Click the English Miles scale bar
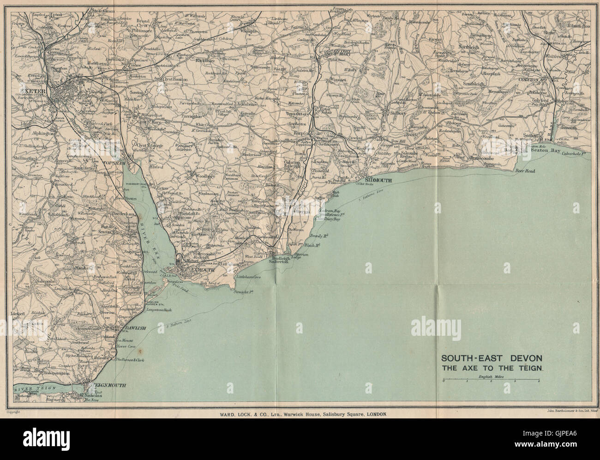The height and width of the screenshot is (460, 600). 491,381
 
